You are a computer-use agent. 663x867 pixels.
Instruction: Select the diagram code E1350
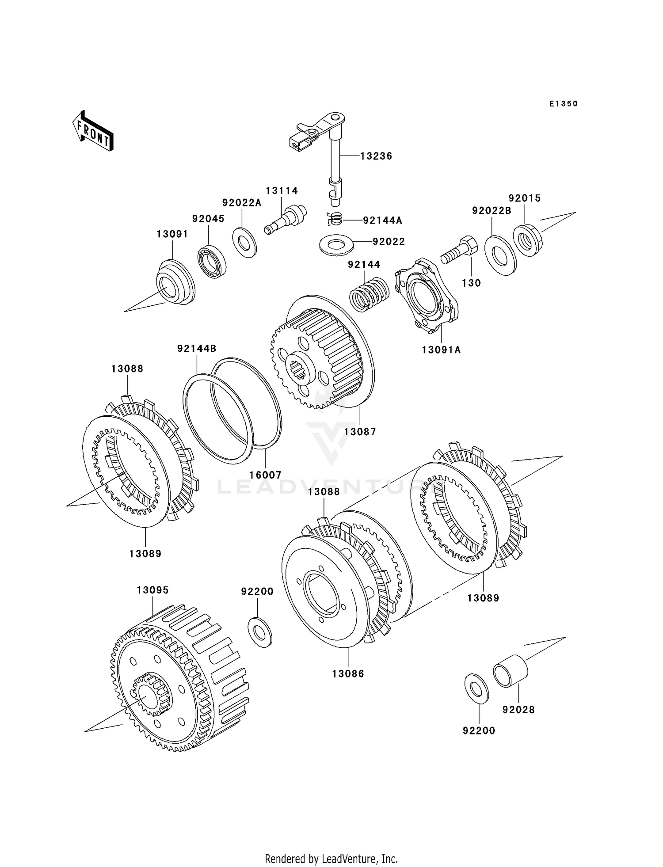(564, 104)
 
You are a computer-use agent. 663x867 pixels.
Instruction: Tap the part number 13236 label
(376, 156)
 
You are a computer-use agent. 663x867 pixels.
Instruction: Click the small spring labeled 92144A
(336, 218)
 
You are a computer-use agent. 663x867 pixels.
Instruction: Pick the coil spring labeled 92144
(369, 293)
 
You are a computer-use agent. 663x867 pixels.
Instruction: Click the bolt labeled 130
(459, 250)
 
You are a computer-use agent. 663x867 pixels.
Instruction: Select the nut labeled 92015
(527, 240)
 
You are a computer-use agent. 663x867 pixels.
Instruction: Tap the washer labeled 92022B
(500, 255)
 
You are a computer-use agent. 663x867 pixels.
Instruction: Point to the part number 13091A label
(441, 350)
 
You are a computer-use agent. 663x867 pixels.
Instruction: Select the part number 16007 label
(265, 475)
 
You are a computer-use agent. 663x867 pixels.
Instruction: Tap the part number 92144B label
(197, 349)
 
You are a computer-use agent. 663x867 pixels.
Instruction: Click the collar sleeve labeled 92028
(511, 671)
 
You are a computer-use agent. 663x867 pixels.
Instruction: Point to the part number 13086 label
(348, 674)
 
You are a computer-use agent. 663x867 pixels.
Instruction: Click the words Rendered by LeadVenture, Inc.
(331, 859)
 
